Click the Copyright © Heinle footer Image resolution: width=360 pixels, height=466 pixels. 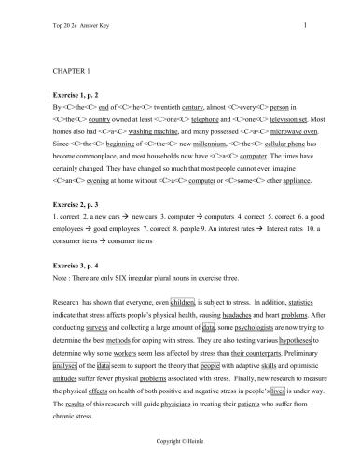tap(179, 435)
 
